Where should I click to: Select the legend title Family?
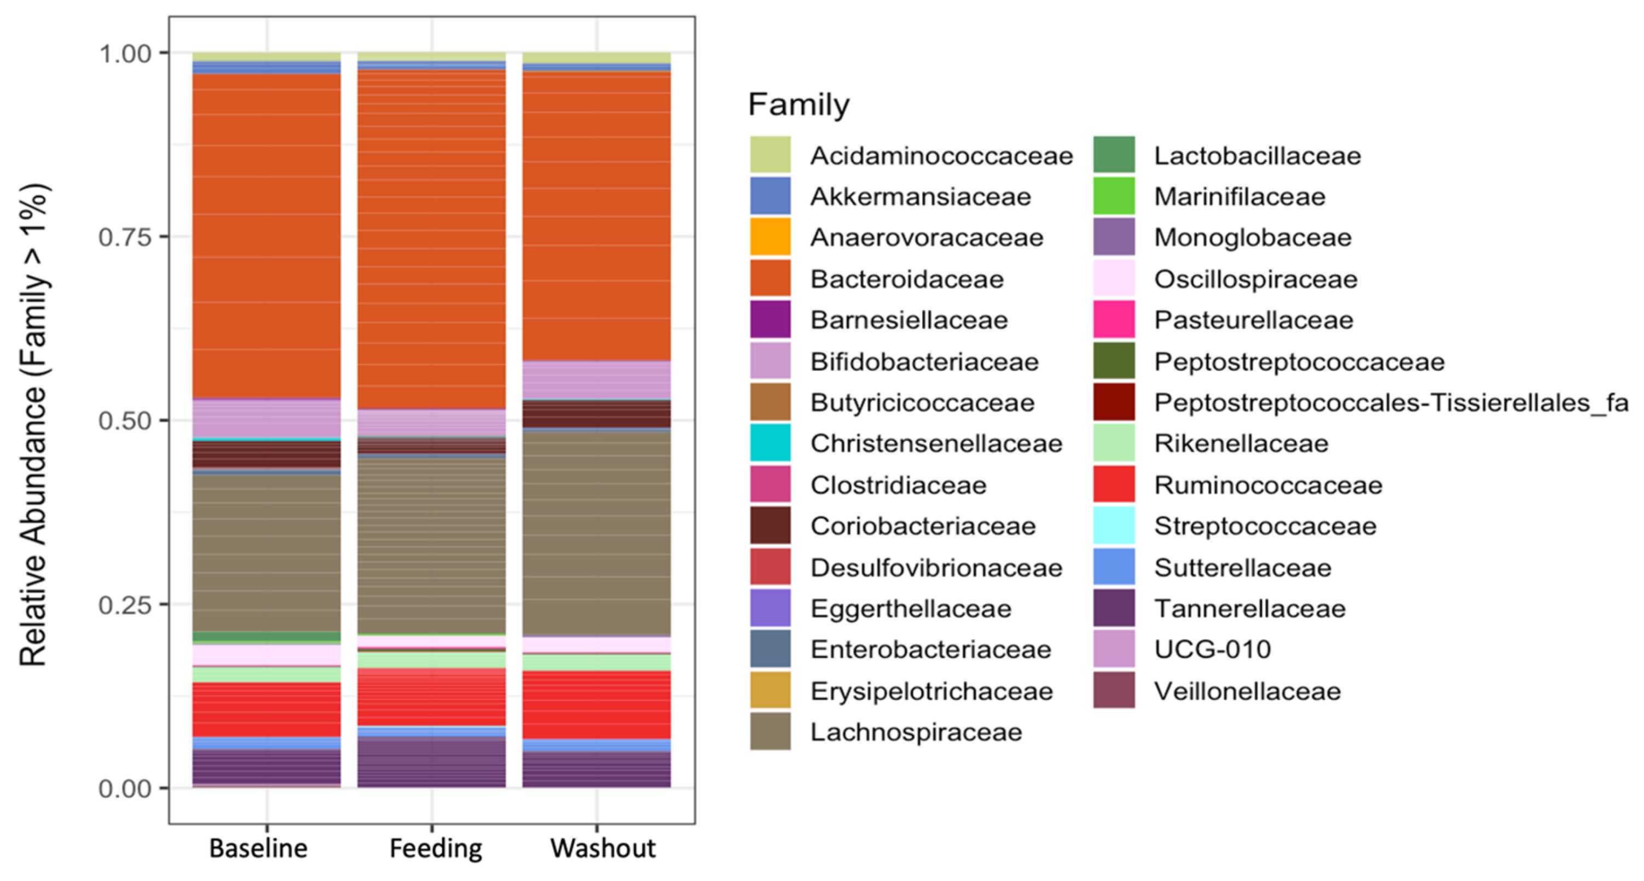798,104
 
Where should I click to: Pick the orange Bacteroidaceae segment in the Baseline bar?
267,236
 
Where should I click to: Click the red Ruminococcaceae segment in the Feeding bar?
431,697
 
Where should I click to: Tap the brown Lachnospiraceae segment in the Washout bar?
597,533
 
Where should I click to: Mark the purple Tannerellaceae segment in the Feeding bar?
431,762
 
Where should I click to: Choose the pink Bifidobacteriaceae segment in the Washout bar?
597,380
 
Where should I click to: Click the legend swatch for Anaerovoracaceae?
771,237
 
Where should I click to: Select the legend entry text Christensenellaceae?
936,444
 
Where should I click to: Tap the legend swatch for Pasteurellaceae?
1114,319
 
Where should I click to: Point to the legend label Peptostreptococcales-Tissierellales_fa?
1391,402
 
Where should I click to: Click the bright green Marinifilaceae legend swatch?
1114,196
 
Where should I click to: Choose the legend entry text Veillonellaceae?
1248,691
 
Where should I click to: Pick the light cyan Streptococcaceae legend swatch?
1114,526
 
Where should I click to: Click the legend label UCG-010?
1213,650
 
